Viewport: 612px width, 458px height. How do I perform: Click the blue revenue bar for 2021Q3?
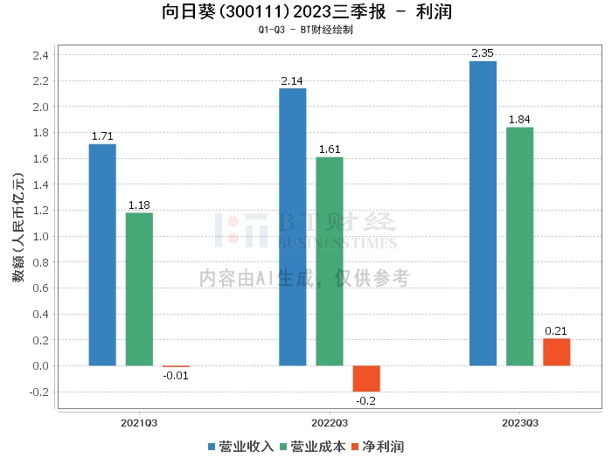[102, 254]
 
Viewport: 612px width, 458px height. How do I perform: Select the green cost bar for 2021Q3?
[139, 288]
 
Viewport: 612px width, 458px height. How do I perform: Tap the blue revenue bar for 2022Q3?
[293, 226]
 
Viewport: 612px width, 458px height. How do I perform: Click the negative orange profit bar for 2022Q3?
[366, 378]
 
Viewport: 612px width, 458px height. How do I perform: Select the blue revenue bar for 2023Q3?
[483, 213]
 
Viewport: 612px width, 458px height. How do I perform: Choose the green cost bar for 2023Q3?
[519, 246]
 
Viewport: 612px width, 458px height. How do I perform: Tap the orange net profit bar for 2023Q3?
[556, 351]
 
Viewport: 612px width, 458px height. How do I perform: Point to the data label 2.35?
[483, 53]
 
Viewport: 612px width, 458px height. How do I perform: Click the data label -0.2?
[366, 400]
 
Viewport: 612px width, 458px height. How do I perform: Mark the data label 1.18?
[139, 205]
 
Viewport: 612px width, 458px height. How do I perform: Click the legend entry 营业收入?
[241, 447]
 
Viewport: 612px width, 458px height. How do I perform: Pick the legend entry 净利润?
[377, 447]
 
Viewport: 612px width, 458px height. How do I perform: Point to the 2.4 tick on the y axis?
[40, 55]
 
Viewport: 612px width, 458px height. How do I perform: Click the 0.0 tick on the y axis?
[40, 365]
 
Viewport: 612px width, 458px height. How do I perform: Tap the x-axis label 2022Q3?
[330, 422]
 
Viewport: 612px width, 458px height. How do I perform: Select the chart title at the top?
[306, 12]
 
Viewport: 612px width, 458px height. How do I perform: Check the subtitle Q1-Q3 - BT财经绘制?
[306, 31]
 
